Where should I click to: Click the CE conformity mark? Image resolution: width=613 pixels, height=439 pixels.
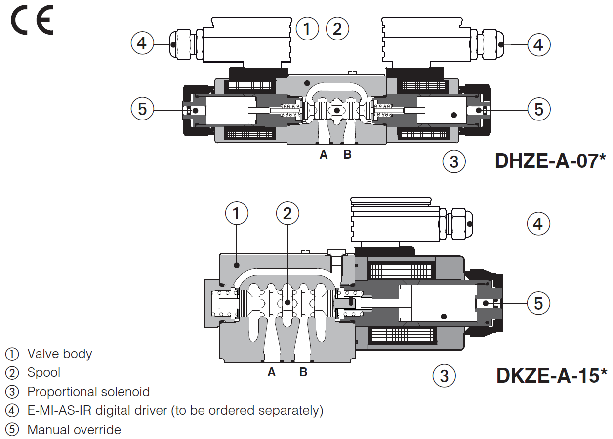pos(32,21)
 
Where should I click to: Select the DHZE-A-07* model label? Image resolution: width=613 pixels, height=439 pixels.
pos(550,161)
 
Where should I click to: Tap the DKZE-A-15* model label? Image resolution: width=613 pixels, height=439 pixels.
pos(551,375)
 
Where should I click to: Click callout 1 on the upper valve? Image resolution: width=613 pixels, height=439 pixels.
pos(307,29)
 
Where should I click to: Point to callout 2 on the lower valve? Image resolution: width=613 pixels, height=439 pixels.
pos(287,213)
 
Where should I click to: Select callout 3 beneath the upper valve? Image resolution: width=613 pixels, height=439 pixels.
pos(454,161)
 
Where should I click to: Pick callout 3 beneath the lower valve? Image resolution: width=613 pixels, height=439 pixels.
pos(444,376)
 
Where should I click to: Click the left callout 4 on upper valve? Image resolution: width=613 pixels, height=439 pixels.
pos(142,44)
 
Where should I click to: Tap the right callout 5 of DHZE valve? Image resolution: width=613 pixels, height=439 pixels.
pos(539,109)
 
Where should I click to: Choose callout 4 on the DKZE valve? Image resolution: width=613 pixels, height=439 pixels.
pos(538,224)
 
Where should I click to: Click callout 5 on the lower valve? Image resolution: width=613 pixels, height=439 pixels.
pos(538,303)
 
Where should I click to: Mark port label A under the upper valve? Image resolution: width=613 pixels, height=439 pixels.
pos(324,155)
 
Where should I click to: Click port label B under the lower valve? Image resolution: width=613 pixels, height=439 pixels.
pos(303,372)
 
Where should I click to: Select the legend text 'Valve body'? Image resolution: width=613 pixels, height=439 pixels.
pos(59,354)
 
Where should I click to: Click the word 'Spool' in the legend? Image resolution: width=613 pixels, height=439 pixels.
pos(44,372)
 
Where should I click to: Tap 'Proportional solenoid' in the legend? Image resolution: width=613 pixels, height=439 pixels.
pos(88,392)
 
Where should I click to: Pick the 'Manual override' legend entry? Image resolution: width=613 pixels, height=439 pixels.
pos(74,430)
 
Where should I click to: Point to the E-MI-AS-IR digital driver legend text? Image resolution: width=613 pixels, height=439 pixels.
pos(175,410)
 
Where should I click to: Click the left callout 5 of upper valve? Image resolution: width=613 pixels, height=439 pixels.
pos(142,109)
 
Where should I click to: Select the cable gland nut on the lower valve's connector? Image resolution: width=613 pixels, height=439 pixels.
pos(460,223)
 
